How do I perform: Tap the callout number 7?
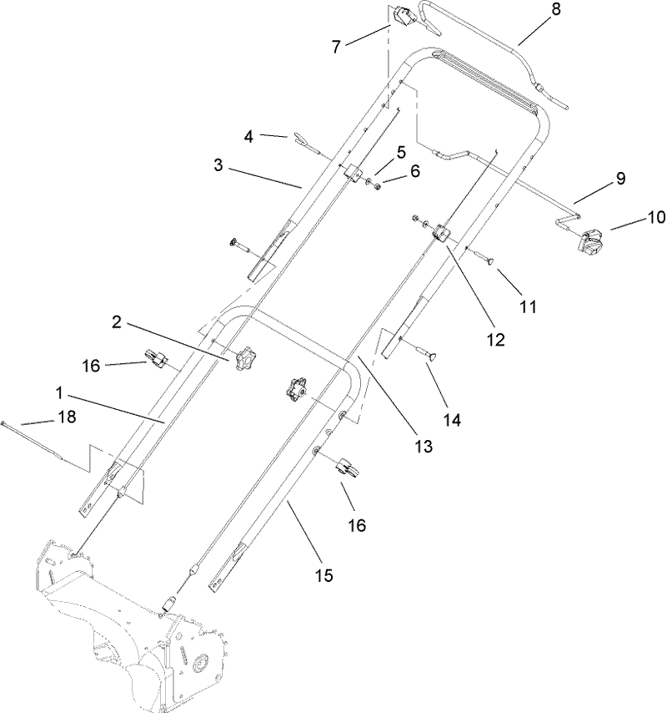pyautogui.click(x=336, y=47)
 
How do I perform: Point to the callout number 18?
pyautogui.click(x=64, y=418)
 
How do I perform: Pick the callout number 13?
pyautogui.click(x=424, y=447)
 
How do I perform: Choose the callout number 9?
pyautogui.click(x=619, y=178)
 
